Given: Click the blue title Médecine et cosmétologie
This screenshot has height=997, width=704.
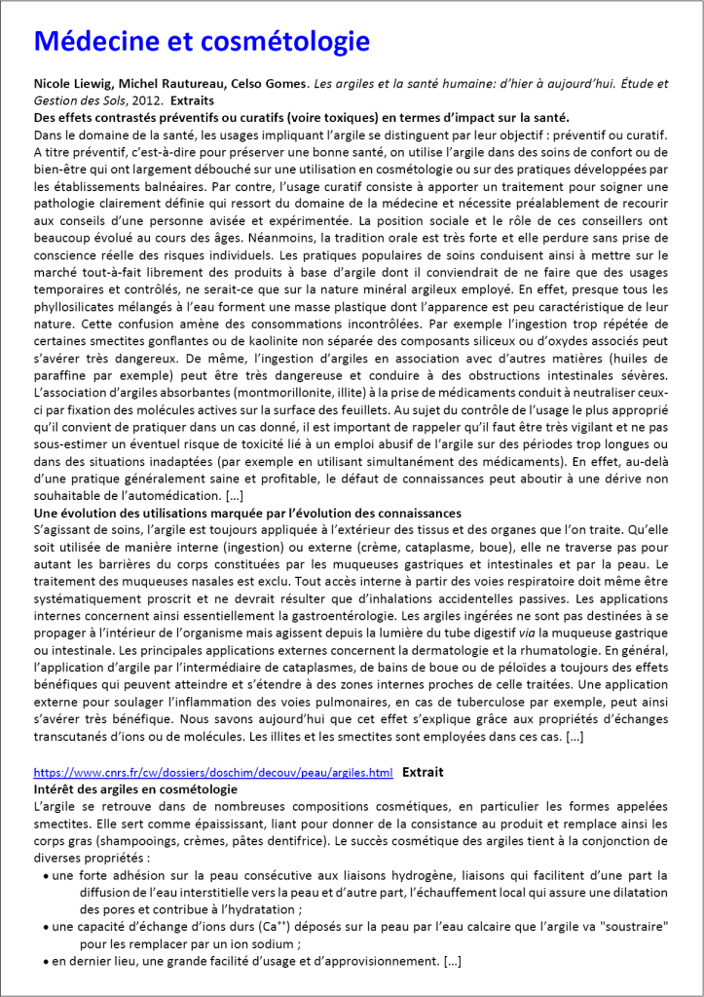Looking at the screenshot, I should click(202, 41).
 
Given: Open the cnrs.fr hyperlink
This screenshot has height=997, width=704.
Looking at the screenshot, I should click(213, 772).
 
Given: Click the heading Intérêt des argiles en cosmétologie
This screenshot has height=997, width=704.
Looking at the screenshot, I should click(135, 788).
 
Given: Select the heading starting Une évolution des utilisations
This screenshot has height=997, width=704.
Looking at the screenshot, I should click(247, 513).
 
